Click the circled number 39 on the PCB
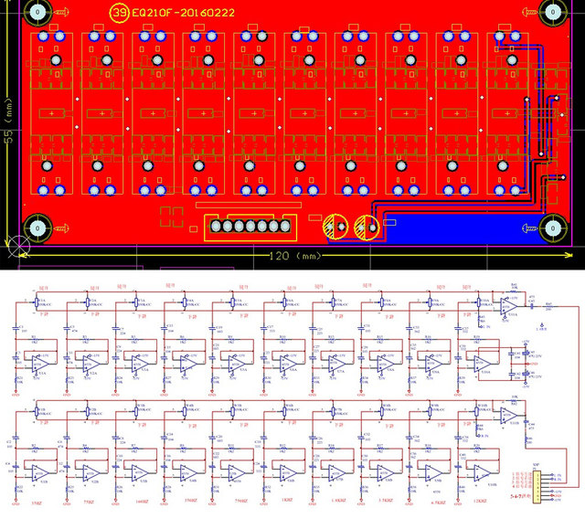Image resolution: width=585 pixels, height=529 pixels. pyautogui.click(x=119, y=14)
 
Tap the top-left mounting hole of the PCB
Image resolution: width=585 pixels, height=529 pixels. pyautogui.click(x=37, y=13)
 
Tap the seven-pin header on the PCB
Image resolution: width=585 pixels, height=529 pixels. pyautogui.click(x=250, y=227)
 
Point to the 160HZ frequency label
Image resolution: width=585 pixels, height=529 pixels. pyautogui.click(x=139, y=503)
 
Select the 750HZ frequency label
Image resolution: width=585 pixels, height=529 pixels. pyautogui.click(x=239, y=503)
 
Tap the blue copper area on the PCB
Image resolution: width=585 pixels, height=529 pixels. pyautogui.click(x=457, y=231)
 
